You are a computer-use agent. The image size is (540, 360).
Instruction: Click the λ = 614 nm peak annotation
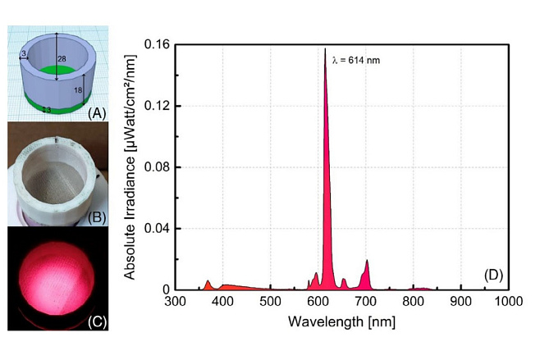356,60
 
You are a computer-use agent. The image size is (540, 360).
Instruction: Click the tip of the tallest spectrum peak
325,48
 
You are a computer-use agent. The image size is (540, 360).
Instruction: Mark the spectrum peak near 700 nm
367,261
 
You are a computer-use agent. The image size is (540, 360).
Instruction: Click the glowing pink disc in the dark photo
53,275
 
